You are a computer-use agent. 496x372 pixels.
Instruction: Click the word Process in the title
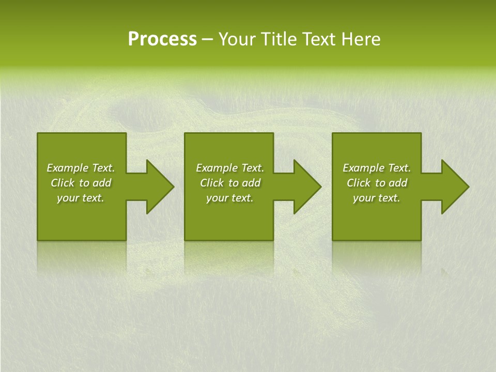point(162,39)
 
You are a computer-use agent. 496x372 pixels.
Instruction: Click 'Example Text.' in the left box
point(81,168)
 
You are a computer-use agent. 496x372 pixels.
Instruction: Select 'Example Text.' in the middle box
point(230,168)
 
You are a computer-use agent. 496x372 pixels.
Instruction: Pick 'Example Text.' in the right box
point(377,168)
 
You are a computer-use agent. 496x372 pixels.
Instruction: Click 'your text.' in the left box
point(81,198)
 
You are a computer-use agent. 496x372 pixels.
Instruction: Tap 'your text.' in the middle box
point(230,198)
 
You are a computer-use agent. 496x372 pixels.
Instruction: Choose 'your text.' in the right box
point(377,198)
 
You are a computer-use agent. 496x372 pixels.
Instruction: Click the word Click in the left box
point(63,183)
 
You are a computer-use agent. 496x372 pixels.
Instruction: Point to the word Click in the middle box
point(212,183)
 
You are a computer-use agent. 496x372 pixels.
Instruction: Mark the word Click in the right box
point(359,183)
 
